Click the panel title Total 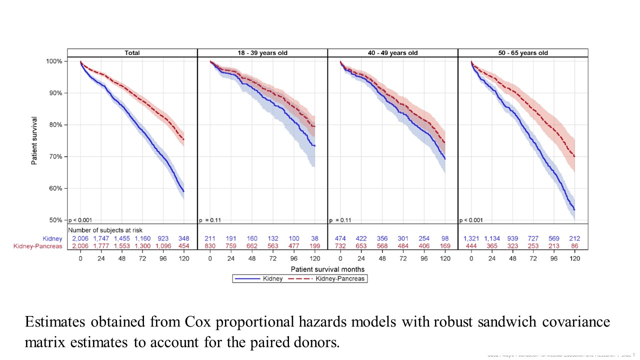(x=132, y=53)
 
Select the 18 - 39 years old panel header (x=262, y=53)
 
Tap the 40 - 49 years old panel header (x=392, y=53)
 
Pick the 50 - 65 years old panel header (x=522, y=53)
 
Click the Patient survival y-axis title (x=34, y=141)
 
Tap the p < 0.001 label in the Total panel (x=80, y=219)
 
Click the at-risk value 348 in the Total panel (x=184, y=239)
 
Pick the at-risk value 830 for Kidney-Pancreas (x=210, y=246)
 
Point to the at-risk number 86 (x=575, y=246)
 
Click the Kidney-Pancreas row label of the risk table (x=42, y=246)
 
